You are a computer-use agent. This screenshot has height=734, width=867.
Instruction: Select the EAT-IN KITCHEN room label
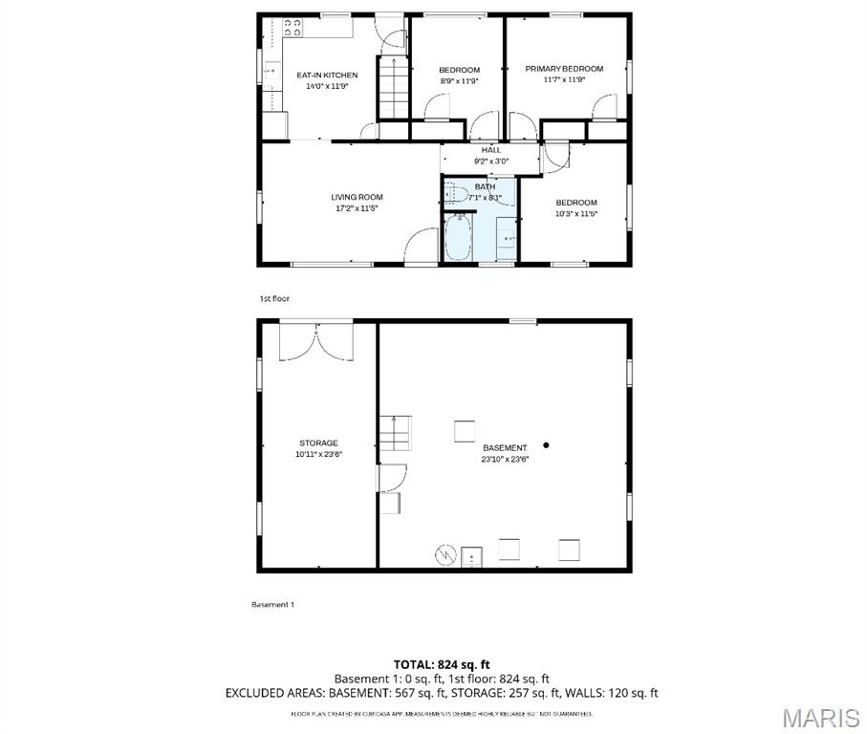[327, 75]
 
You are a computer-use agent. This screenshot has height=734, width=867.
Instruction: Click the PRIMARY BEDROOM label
[564, 69]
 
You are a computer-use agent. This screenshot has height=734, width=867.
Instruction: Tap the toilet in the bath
[454, 195]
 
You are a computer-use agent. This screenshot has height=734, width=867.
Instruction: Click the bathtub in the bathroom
[458, 237]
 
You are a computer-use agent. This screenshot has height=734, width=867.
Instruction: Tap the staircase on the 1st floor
[389, 85]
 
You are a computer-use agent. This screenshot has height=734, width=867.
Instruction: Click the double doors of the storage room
[315, 341]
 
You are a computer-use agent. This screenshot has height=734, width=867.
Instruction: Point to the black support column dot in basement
[547, 444]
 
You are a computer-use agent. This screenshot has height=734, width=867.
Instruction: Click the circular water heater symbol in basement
[444, 553]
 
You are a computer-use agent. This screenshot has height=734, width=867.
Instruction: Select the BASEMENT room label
[504, 447]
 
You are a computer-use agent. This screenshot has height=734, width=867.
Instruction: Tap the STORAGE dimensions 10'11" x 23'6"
[318, 455]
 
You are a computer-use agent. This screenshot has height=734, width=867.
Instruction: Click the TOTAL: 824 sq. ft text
[442, 663]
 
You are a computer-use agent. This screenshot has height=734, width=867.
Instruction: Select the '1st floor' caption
[274, 299]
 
